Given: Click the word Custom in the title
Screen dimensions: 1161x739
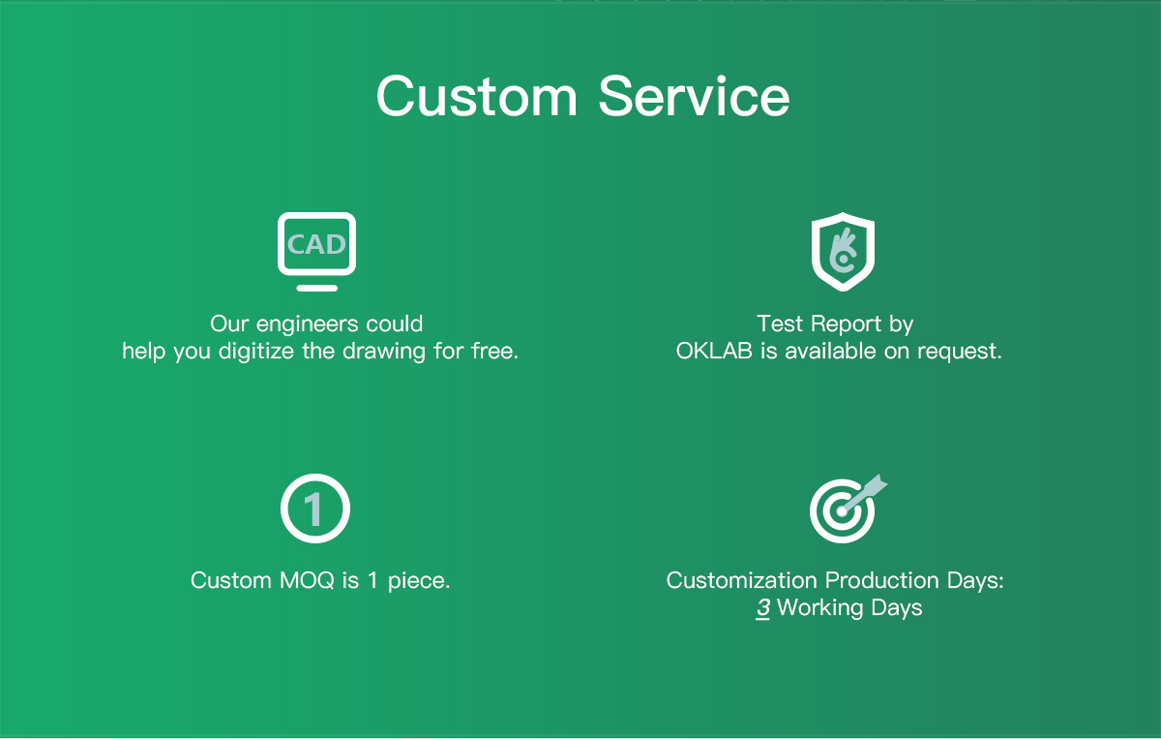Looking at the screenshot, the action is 477,97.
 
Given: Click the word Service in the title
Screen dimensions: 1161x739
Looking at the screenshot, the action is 694,97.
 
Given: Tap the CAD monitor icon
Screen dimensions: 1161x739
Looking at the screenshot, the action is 316,251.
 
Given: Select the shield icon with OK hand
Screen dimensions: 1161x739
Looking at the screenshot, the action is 843,251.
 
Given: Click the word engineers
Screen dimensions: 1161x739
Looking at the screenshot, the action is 307,324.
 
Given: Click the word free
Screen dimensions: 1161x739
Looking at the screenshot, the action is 494,351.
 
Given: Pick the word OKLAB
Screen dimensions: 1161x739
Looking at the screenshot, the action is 714,351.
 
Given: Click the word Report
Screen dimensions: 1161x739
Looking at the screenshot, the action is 846,324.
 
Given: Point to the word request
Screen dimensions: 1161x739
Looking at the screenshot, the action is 960,352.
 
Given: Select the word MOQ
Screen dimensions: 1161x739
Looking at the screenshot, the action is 307,581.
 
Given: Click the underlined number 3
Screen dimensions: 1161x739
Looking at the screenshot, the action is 762,607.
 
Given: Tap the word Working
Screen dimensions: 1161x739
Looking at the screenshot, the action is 820,608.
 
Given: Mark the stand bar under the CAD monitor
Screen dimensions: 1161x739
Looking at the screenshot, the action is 316,288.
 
